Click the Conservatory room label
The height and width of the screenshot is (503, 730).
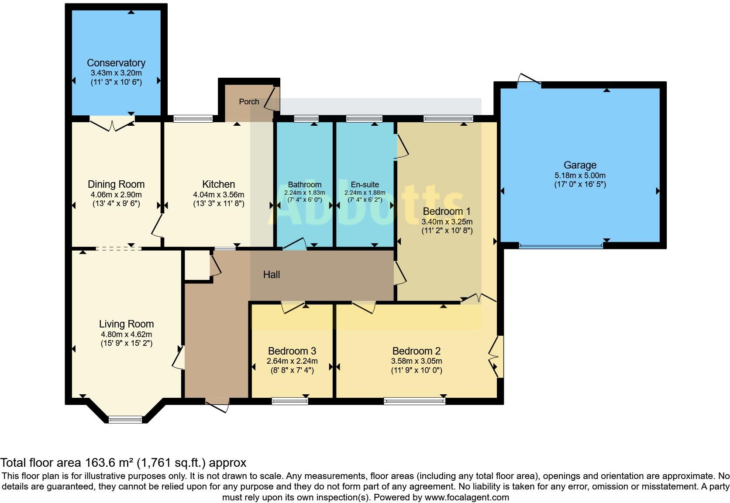pyautogui.click(x=116, y=63)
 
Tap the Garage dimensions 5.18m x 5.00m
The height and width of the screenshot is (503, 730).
pyautogui.click(x=580, y=176)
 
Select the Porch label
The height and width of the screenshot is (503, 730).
pyautogui.click(x=249, y=102)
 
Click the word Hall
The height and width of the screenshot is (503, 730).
pyautogui.click(x=271, y=275)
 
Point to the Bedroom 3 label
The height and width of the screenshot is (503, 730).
pyautogui.click(x=292, y=351)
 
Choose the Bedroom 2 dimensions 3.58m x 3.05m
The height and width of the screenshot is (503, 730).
pyautogui.click(x=417, y=361)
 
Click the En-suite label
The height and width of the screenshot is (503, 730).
pyautogui.click(x=365, y=185)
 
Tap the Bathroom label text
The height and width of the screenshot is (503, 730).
pyautogui.click(x=304, y=185)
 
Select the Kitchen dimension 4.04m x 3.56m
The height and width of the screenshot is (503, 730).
pyautogui.click(x=218, y=194)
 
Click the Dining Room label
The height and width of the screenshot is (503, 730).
pyautogui.click(x=116, y=184)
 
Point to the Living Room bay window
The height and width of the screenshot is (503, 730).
pyautogui.click(x=125, y=419)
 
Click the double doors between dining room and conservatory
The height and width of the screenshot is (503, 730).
pyautogui.click(x=112, y=124)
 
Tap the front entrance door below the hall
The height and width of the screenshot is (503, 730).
pyautogui.click(x=217, y=404)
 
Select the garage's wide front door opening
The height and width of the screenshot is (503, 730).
pyautogui.click(x=561, y=246)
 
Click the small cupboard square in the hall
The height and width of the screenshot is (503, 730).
pyautogui.click(x=196, y=265)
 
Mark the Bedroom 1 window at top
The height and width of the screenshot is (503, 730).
pyautogui.click(x=448, y=118)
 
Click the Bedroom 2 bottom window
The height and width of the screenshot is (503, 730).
pyautogui.click(x=414, y=401)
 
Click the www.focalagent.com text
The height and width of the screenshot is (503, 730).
pyautogui.click(x=467, y=497)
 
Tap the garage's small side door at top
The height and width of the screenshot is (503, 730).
pyautogui.click(x=529, y=80)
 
